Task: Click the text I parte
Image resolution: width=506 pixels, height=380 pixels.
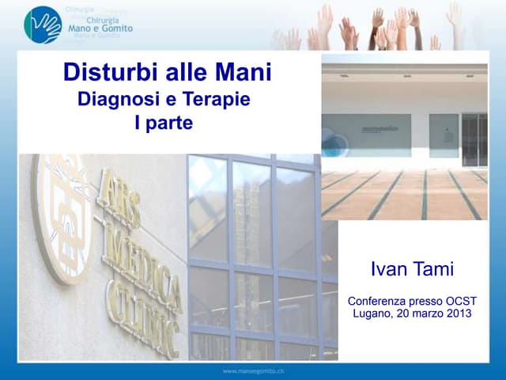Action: click(164, 123)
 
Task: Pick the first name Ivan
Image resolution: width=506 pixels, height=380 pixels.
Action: click(387, 269)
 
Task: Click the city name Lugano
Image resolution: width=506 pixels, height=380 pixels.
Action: click(375, 313)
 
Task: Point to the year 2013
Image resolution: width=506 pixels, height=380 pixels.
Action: click(456, 313)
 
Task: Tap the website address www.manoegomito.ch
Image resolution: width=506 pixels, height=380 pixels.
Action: click(252, 371)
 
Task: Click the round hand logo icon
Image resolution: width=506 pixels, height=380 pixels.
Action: click(42, 25)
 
